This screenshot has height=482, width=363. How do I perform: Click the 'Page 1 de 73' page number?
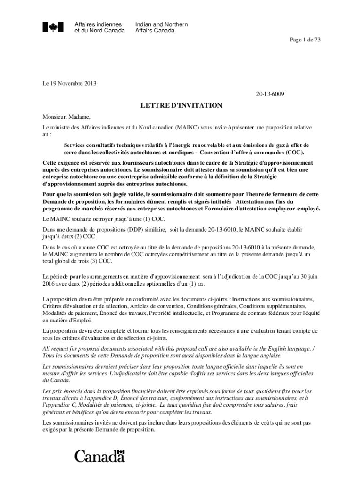(305, 40)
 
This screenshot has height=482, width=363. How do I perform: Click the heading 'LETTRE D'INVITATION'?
(181, 105)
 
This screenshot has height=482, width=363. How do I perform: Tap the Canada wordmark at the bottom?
(99, 456)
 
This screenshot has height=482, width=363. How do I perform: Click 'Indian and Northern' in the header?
(161, 24)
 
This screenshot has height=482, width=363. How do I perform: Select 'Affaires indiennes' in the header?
(98, 24)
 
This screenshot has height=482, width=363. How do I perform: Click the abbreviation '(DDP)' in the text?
(136, 229)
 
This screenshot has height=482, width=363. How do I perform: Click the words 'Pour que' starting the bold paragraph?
(54, 194)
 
